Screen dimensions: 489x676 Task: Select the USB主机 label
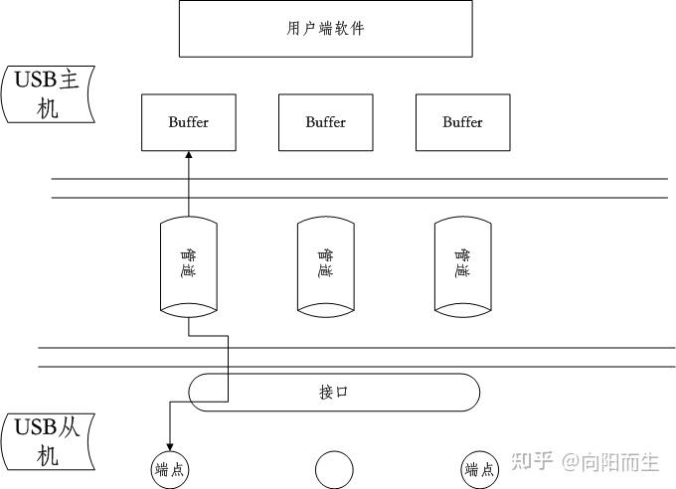pyautogui.click(x=48, y=93)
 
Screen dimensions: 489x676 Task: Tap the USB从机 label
pyautogui.click(x=48, y=442)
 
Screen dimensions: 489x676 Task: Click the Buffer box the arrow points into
pyautogui.click(x=189, y=122)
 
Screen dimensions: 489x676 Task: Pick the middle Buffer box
pyautogui.click(x=326, y=122)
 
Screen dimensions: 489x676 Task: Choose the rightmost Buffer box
pyautogui.click(x=463, y=122)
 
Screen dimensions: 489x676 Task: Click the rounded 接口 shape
pyautogui.click(x=334, y=392)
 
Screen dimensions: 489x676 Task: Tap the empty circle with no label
pyautogui.click(x=334, y=469)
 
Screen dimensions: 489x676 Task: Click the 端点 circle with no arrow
pyautogui.click(x=479, y=470)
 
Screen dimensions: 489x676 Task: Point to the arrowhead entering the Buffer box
pyautogui.click(x=189, y=155)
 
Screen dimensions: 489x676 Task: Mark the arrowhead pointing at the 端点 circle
pyautogui.click(x=170, y=447)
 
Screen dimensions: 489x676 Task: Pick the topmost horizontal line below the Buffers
pyautogui.click(x=359, y=179)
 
